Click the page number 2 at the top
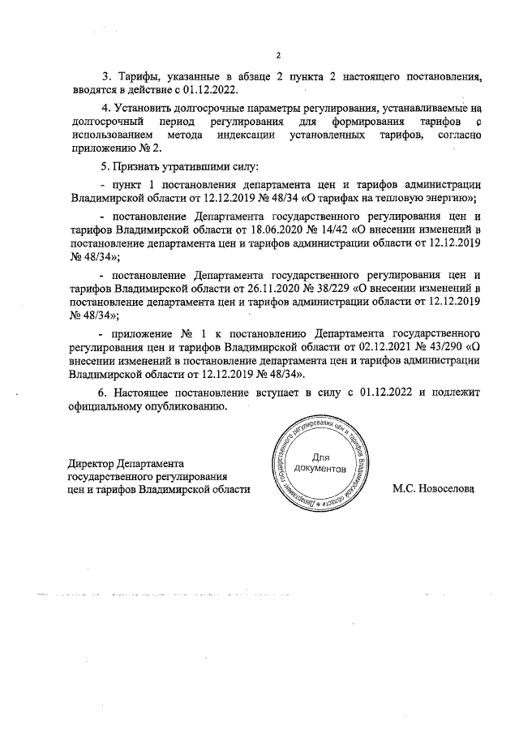277,56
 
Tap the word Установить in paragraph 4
141,107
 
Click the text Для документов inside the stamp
320,464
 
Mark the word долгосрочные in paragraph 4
208,107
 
